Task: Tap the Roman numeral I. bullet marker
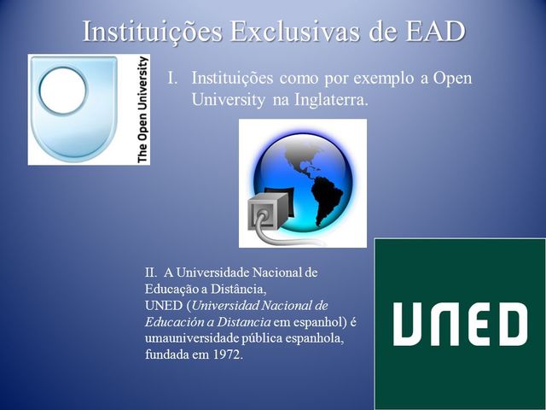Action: click(172, 78)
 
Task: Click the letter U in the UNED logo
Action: click(407, 324)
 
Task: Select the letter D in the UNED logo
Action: click(513, 324)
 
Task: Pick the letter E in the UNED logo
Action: click(479, 324)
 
